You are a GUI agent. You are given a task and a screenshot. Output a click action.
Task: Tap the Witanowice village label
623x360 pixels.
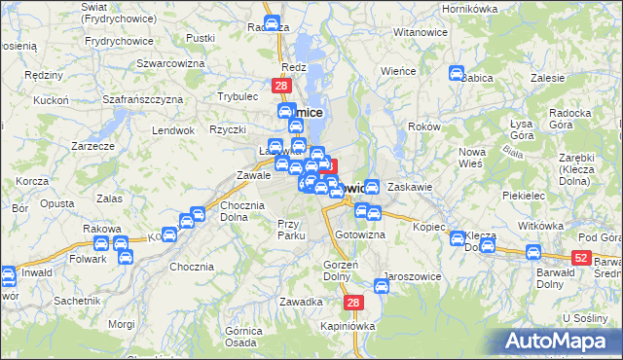coord(420,32)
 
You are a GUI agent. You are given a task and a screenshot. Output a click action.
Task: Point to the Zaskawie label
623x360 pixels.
coord(409,186)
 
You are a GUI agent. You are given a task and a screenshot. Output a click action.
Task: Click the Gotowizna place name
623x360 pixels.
coord(360,236)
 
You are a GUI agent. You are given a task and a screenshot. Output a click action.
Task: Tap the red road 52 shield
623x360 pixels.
coord(581,256)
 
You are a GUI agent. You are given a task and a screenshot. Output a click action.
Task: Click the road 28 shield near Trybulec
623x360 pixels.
coord(280,87)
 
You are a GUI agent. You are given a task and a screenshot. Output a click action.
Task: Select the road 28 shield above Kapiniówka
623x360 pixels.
coord(353,304)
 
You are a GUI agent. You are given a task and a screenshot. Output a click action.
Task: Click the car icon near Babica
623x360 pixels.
coord(456,73)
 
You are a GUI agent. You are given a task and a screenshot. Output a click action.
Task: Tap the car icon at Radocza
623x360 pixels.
coord(272,24)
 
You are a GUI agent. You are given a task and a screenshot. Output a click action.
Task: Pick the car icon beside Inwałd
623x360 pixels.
coord(7,276)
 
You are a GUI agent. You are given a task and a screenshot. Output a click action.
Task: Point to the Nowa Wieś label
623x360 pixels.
coord(472,157)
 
